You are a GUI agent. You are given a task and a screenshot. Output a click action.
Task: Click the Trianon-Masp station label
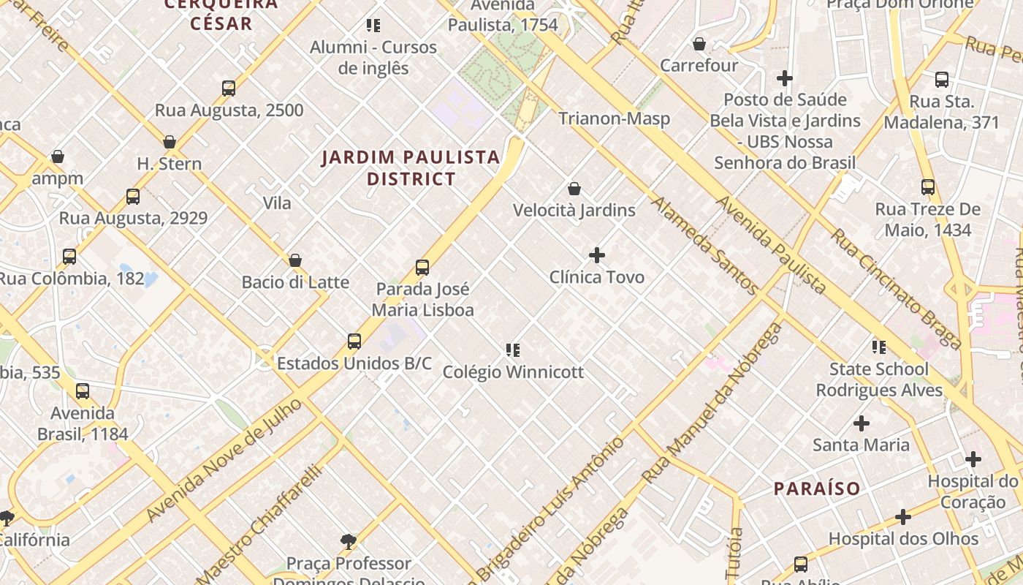coord(614,118)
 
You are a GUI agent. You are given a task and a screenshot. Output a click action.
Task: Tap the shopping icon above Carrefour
coord(699,45)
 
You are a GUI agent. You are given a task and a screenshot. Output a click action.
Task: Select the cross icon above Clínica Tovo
coord(597,255)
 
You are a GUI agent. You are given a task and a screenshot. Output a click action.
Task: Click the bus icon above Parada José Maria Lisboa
coord(422,268)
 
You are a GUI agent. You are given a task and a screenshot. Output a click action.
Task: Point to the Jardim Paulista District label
coord(411,167)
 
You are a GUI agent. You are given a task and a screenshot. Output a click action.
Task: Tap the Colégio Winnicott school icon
coord(513,350)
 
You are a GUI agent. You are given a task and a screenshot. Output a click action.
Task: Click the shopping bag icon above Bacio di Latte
coord(295,260)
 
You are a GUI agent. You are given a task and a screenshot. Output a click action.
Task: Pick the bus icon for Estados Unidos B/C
coord(354,341)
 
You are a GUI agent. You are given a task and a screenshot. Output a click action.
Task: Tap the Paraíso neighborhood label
coord(817,488)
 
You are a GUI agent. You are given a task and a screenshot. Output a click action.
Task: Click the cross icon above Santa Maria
coord(862,423)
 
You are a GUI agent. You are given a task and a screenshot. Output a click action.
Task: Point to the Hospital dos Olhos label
coord(903,539)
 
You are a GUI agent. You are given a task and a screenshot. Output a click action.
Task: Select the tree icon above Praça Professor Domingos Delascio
coord(349,542)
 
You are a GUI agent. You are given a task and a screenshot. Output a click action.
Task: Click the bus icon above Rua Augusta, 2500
coord(229,88)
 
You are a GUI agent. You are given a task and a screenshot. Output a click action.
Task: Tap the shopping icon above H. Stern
coord(170,142)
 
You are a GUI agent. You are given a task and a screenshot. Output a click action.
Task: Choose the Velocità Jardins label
coord(574,211)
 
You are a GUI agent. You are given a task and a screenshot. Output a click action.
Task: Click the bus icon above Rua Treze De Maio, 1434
coord(928,187)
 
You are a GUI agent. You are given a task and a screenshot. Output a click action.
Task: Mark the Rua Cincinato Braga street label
coord(895,289)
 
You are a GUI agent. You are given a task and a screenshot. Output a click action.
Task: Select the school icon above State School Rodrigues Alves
coord(879,347)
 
